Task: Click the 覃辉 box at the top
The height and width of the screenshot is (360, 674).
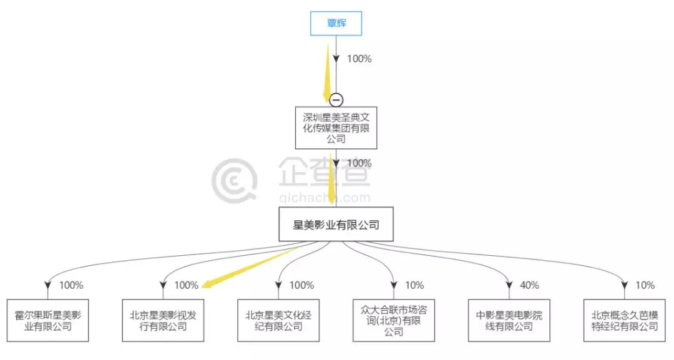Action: tap(336, 24)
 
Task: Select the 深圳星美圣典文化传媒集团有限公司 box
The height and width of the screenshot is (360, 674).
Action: tap(336, 127)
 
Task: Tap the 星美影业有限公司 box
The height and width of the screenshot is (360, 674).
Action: tap(336, 225)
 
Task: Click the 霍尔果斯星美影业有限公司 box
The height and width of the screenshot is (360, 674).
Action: tap(47, 320)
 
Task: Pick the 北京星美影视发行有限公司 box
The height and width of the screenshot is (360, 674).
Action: tap(163, 320)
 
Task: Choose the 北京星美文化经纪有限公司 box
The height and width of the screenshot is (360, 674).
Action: tap(278, 320)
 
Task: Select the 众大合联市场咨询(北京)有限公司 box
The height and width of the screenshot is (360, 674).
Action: tap(394, 320)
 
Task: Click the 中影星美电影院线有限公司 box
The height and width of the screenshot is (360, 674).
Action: tap(509, 320)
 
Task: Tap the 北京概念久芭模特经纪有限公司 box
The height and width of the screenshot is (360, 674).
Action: tap(625, 320)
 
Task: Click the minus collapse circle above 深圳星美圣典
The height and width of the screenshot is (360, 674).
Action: tap(336, 99)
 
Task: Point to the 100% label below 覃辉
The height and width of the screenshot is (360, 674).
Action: tap(359, 59)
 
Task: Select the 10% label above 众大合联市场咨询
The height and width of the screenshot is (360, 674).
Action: tap(414, 285)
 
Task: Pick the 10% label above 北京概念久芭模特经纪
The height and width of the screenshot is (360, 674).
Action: tap(645, 285)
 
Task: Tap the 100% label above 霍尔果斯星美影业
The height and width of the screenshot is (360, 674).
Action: tap(71, 285)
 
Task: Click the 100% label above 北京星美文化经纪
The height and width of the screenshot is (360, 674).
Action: tap(302, 285)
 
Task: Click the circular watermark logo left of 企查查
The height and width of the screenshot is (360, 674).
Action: tap(234, 180)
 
